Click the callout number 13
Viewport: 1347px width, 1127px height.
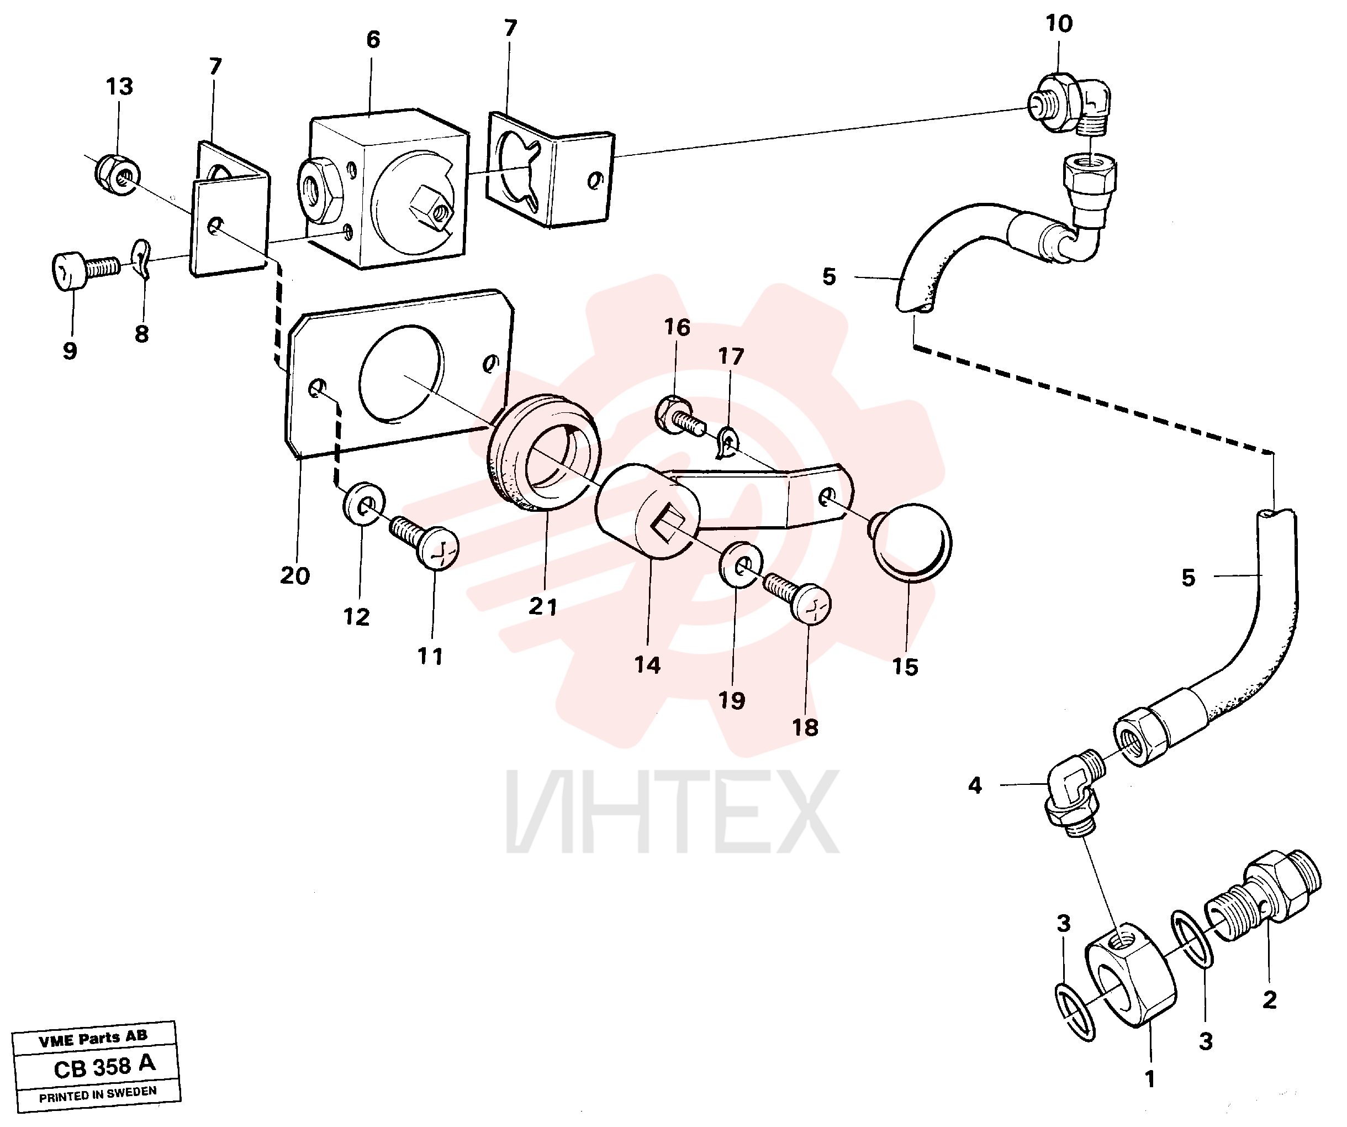tap(119, 87)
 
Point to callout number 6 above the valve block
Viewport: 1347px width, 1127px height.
tap(373, 40)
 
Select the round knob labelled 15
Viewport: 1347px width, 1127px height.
tap(910, 542)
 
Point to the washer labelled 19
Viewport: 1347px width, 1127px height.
tap(740, 564)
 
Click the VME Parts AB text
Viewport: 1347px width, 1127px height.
tap(93, 1039)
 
